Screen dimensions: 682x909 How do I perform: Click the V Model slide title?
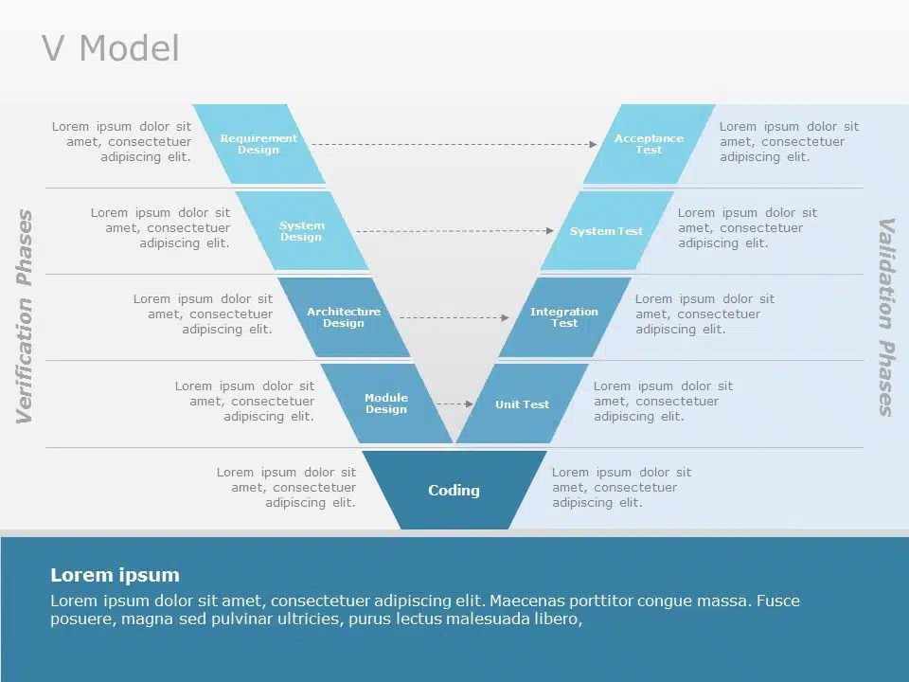point(111,49)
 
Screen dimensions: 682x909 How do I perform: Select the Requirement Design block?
point(258,144)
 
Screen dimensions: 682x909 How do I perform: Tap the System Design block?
point(301,231)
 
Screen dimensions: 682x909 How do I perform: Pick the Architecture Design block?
point(344,317)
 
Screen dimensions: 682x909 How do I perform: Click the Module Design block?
point(386,404)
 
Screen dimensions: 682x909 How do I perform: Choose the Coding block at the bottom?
point(454,491)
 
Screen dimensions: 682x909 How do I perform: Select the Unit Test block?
point(522,404)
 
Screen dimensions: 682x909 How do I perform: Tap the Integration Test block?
point(564,317)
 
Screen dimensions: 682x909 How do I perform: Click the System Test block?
point(606,231)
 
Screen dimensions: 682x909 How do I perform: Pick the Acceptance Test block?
point(649,144)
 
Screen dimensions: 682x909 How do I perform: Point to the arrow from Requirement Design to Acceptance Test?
point(454,144)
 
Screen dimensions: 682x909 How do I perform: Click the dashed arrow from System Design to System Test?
point(454,230)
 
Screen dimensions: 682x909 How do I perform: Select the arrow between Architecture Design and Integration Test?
point(454,317)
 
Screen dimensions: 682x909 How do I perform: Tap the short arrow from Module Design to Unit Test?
point(454,404)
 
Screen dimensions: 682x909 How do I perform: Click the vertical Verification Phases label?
point(25,316)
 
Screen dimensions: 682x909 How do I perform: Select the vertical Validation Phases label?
point(886,316)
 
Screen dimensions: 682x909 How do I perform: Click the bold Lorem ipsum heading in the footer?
point(115,575)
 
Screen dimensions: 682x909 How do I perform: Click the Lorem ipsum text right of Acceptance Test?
point(789,141)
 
